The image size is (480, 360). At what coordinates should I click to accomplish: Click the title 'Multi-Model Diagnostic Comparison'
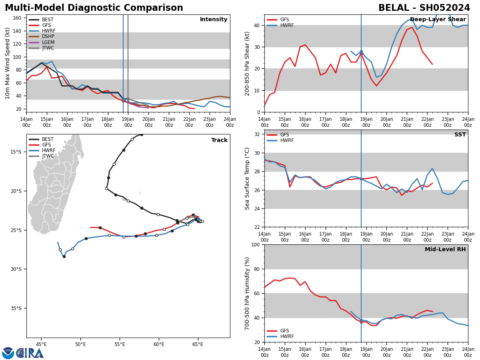tap(94, 8)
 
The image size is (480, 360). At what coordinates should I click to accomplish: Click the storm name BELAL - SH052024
tap(424, 8)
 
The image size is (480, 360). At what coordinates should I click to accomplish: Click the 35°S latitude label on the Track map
tap(16, 308)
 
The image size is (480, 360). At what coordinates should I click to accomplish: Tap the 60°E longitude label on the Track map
tap(159, 344)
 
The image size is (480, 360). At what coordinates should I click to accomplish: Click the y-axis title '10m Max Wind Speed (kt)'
tap(8, 63)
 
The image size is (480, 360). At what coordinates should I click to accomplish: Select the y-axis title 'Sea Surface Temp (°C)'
tap(247, 178)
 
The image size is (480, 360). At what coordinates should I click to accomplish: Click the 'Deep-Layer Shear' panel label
tap(438, 20)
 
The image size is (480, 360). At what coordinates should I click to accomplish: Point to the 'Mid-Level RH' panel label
tap(445, 250)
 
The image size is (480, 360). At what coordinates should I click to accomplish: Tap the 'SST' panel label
tap(460, 135)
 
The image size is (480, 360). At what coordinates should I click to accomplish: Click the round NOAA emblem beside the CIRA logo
tap(8, 353)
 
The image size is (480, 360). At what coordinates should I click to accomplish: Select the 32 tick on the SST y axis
tap(258, 134)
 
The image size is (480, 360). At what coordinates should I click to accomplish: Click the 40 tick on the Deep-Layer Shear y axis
tap(258, 25)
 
